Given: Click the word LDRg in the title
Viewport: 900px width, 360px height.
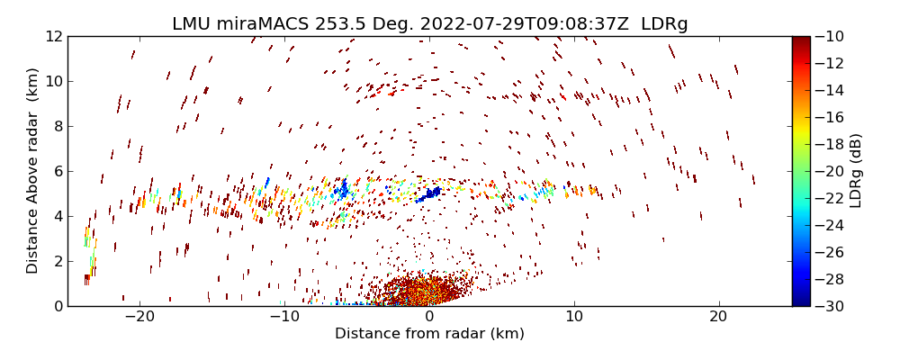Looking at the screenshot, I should (664, 24).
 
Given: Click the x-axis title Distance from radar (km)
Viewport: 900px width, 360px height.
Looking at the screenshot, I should (429, 334).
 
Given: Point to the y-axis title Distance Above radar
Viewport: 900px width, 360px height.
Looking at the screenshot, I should (33, 171).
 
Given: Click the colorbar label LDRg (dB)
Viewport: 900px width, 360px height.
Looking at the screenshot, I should (856, 171).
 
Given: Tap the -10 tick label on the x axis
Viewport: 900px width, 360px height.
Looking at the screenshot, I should (284, 317).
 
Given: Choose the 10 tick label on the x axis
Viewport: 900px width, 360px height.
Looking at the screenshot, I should (573, 317).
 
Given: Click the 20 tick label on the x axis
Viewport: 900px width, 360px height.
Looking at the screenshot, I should (718, 317).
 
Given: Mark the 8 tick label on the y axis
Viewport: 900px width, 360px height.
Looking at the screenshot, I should (58, 127).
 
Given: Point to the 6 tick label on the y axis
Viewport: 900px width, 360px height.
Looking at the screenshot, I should (58, 171).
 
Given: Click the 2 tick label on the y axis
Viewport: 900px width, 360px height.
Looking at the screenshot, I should (58, 261).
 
